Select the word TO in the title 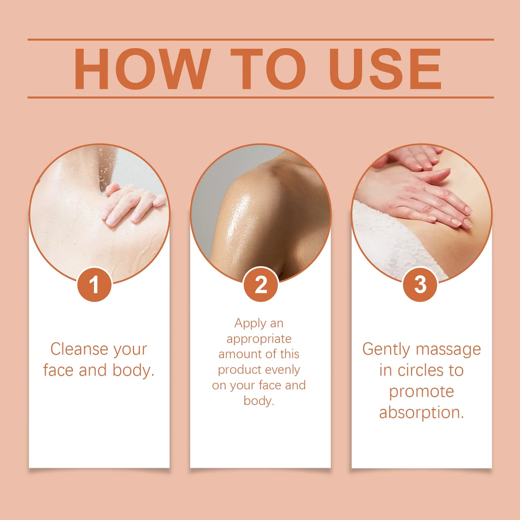tap(268, 69)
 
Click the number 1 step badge tap(94, 285)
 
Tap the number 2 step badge tap(261, 285)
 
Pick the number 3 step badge tap(420, 285)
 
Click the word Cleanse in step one tap(74, 349)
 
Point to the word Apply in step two tap(250, 323)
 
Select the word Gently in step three tap(386, 349)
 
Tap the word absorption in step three tap(421, 412)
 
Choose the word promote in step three tap(421, 392)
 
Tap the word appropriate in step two tap(259, 339)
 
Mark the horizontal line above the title tap(261, 40)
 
